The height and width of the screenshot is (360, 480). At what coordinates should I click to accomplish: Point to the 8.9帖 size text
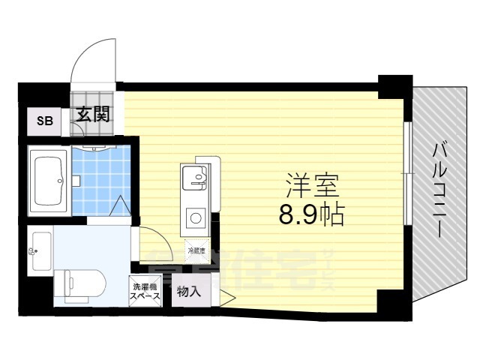pyautogui.click(x=311, y=215)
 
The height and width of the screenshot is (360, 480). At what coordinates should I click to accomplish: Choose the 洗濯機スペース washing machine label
pyautogui.click(x=145, y=292)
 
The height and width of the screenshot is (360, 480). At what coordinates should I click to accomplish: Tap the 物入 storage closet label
pyautogui.click(x=188, y=292)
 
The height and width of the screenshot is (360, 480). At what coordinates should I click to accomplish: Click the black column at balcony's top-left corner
pyautogui.click(x=395, y=85)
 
